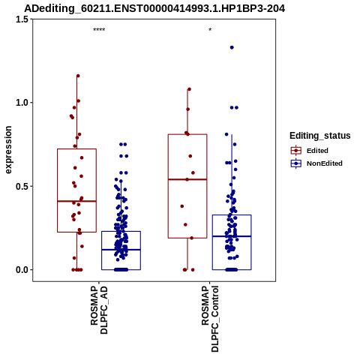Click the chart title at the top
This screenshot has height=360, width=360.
pos(154,8)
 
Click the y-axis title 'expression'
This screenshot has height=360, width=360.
pos(8,150)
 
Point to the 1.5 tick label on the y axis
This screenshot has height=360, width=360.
pos(22,19)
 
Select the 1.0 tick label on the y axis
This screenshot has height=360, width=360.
pos(22,103)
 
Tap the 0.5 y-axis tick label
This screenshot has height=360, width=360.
pos(22,186)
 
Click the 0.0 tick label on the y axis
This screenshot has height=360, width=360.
pos(22,270)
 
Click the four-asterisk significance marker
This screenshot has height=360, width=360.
pos(99,30)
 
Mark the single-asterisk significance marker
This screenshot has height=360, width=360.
pos(210,29)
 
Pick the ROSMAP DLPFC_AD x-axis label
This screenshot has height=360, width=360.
pos(99,310)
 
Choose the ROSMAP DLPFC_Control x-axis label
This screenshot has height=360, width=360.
pos(210,319)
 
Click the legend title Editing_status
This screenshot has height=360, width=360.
pos(320,136)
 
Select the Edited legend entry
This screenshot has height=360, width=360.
pos(317,151)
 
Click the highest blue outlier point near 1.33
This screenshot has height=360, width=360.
pos(232,47)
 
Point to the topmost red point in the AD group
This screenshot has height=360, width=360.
pos(78,76)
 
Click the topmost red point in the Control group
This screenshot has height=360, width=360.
pos(189,89)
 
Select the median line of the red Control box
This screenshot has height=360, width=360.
pos(187,179)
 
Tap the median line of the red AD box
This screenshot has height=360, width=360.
pos(76,201)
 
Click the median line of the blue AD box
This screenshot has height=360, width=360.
pos(121,250)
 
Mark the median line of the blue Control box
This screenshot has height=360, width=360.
pos(232,236)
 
